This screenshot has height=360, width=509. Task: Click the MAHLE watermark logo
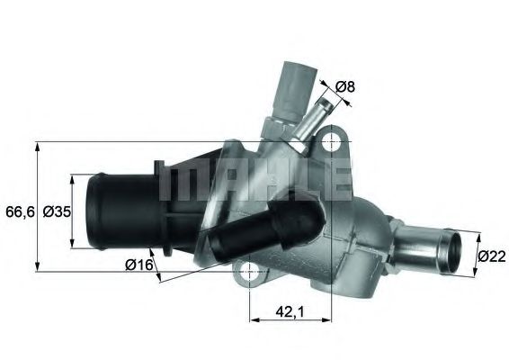tap(254, 181)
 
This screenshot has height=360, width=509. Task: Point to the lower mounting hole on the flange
tap(249, 272)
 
